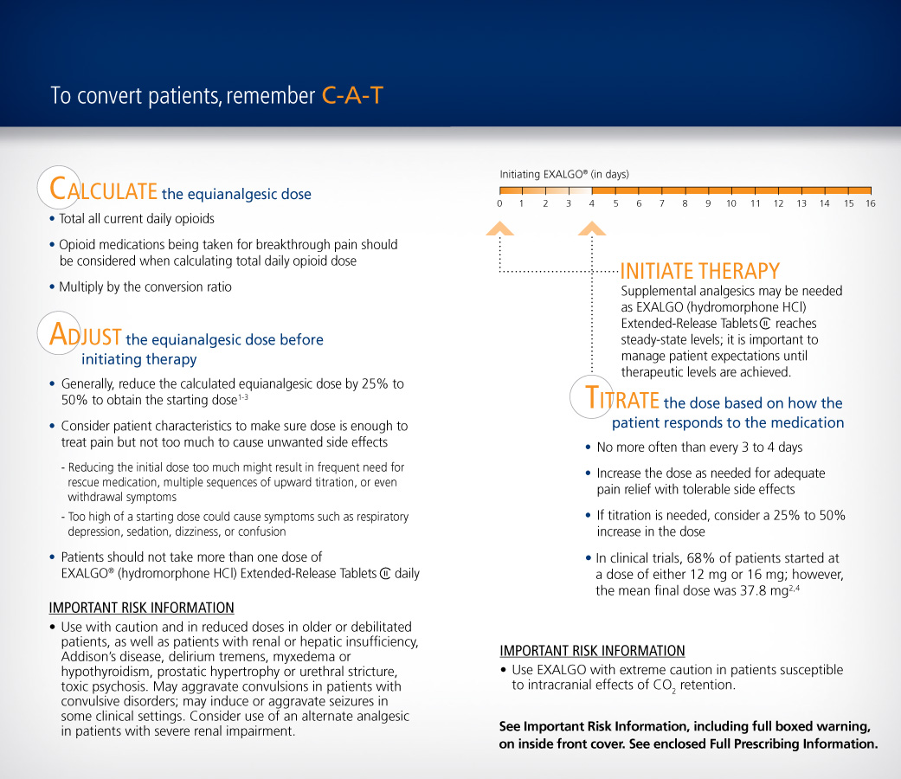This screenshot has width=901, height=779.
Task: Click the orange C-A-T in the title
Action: pyautogui.click(x=352, y=95)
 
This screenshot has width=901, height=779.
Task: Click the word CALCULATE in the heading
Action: pyautogui.click(x=104, y=190)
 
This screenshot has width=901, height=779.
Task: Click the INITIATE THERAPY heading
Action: pyautogui.click(x=699, y=272)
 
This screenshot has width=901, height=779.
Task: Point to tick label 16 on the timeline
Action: pyautogui.click(x=870, y=203)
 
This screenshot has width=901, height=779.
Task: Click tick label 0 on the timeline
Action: pyautogui.click(x=499, y=203)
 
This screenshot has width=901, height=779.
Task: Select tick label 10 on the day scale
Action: pyautogui.click(x=731, y=203)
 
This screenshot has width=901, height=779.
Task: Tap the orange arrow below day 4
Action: pyautogui.click(x=592, y=229)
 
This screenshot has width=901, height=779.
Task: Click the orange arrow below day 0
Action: pyautogui.click(x=499, y=229)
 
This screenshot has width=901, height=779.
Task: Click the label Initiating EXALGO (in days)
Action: pyautogui.click(x=564, y=174)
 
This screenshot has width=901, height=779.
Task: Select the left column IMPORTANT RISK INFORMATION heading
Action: pyautogui.click(x=141, y=608)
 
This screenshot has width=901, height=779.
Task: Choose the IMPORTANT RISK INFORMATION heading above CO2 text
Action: pyautogui.click(x=592, y=651)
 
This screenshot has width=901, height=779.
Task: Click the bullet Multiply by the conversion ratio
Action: pyautogui.click(x=145, y=286)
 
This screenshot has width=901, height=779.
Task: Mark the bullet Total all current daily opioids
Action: pyautogui.click(x=137, y=219)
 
